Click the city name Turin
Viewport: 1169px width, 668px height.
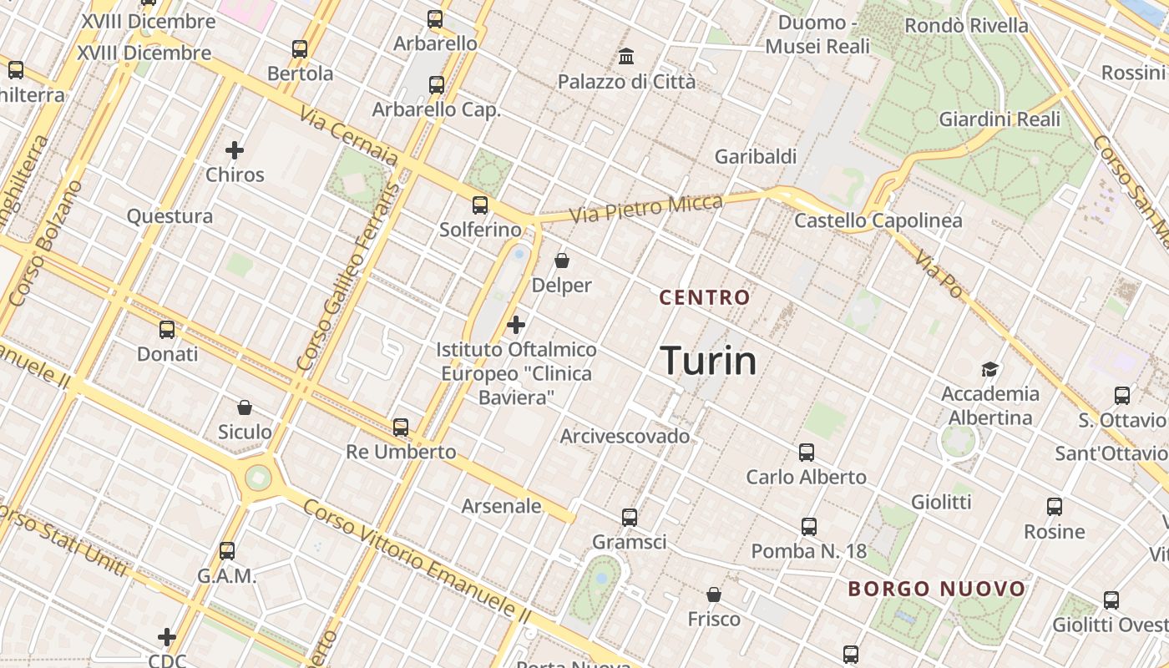pyautogui.click(x=708, y=361)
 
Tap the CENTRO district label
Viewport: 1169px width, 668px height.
pyautogui.click(x=705, y=297)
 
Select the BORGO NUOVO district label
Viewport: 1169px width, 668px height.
pyautogui.click(x=936, y=589)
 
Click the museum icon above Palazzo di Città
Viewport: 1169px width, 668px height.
pyautogui.click(x=626, y=57)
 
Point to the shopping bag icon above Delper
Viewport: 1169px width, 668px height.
pyautogui.click(x=562, y=261)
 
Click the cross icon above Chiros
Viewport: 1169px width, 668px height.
pyautogui.click(x=235, y=150)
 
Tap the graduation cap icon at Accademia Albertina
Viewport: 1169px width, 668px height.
pyautogui.click(x=990, y=369)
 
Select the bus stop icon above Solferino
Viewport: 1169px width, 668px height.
pyautogui.click(x=480, y=205)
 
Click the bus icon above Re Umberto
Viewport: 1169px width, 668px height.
pyautogui.click(x=401, y=428)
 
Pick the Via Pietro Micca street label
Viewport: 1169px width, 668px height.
pyautogui.click(x=646, y=208)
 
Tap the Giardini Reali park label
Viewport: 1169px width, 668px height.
pyautogui.click(x=999, y=119)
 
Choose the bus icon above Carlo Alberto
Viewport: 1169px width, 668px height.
pyautogui.click(x=806, y=453)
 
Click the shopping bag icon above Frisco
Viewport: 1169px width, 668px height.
pyautogui.click(x=714, y=595)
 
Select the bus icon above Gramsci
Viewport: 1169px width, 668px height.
pyautogui.click(x=630, y=518)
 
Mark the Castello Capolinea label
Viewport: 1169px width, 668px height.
pyautogui.click(x=878, y=221)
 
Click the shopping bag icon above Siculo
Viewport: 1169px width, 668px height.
pyautogui.click(x=245, y=407)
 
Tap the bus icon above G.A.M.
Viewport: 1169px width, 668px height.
pyautogui.click(x=227, y=551)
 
